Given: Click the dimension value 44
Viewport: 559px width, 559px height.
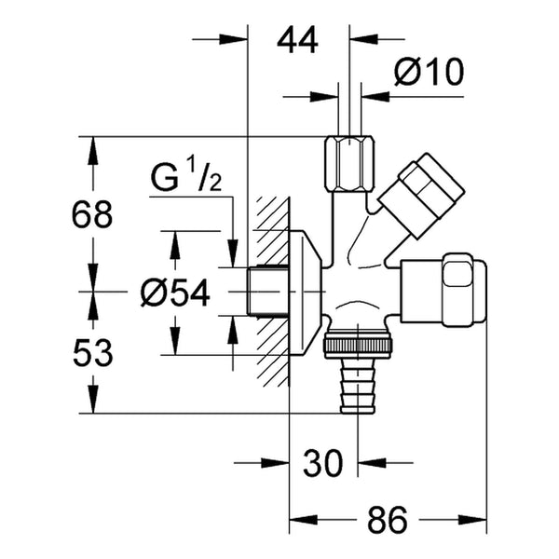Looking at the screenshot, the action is [297, 41].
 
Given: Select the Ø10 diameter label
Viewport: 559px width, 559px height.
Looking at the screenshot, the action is [429, 72].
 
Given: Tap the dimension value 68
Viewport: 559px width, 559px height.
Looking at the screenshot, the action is [92, 214].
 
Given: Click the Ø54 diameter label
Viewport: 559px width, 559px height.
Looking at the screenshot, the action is [175, 293].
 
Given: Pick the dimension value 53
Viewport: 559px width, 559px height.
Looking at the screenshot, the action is [92, 353].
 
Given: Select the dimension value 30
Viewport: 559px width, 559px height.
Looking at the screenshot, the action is [322, 463].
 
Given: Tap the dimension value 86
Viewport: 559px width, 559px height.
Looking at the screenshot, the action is [387, 520].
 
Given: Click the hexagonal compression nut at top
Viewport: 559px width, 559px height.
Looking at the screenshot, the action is [349, 164].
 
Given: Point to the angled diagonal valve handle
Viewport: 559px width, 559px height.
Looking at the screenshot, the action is [421, 196].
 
